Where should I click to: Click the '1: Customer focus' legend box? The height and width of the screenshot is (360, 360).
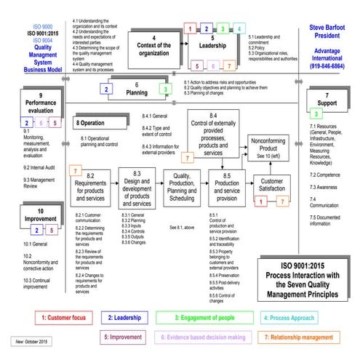(x=65, y=297)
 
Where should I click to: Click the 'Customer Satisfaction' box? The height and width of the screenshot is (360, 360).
(x=271, y=185)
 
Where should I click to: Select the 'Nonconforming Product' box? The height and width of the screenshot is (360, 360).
(x=268, y=148)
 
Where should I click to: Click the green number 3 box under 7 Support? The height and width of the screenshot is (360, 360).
(x=316, y=114)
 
